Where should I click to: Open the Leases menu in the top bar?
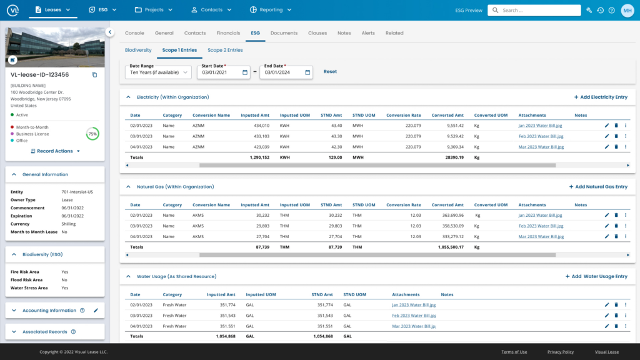tap(52, 10)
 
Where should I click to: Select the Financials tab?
tap(228, 33)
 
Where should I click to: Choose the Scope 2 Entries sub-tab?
tap(225, 50)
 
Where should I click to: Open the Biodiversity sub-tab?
tap(138, 50)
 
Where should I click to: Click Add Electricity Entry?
tap(600, 97)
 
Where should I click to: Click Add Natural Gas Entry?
tap(597, 187)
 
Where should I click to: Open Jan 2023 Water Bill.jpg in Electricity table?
tap(541, 125)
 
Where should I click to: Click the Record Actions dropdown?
tap(56, 151)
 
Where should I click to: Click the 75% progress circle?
tap(92, 134)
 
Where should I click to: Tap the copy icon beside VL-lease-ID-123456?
tap(95, 75)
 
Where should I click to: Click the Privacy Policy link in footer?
tap(560, 352)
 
